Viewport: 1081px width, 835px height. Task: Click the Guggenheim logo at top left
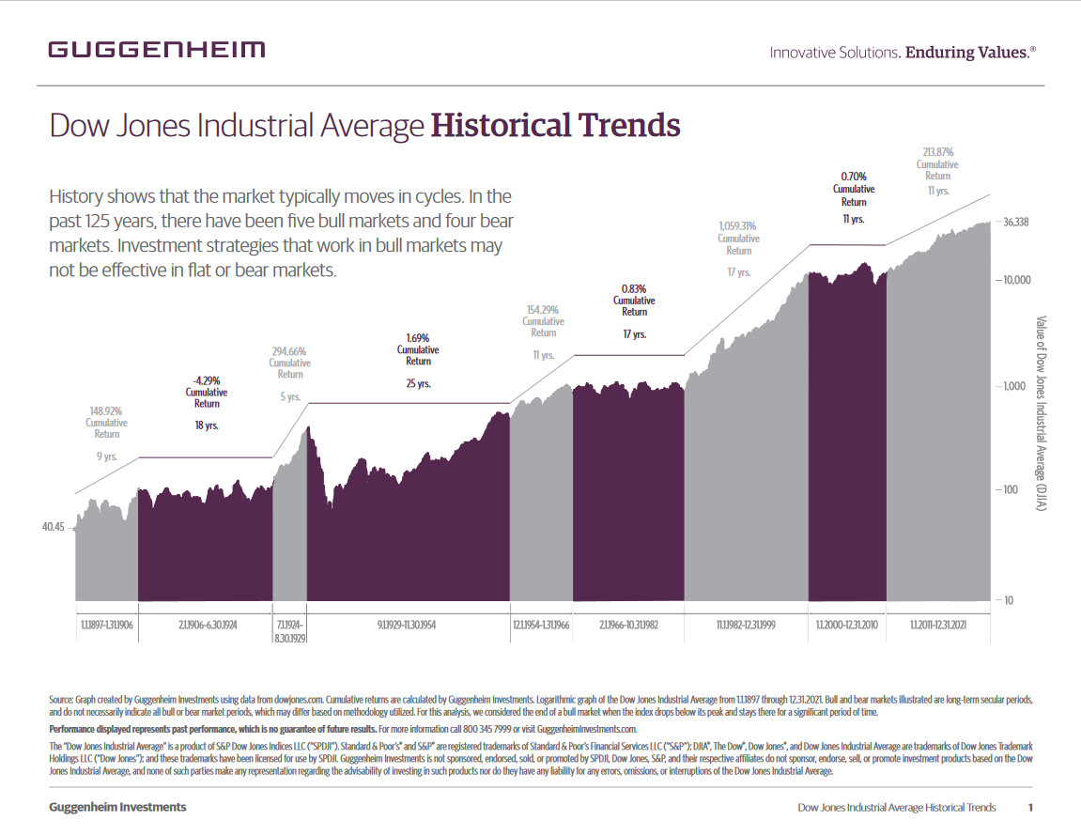point(157,50)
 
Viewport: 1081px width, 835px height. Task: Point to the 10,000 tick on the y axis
point(1013,280)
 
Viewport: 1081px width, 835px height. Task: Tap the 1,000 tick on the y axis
point(1012,386)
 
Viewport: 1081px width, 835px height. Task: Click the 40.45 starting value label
point(53,528)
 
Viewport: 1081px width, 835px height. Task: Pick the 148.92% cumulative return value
point(106,410)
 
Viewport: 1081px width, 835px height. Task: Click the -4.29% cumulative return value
point(207,380)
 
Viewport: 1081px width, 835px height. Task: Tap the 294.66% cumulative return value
point(289,351)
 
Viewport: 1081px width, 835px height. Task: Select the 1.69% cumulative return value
point(418,337)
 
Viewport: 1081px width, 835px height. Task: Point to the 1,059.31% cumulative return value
point(738,226)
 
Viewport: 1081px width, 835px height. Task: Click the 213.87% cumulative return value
point(937,152)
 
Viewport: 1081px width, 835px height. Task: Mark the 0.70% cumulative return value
point(854,177)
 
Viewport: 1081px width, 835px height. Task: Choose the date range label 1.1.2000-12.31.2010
point(847,624)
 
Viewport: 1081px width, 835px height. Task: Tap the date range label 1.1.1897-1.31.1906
point(106,624)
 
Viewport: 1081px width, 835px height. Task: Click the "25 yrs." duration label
point(418,383)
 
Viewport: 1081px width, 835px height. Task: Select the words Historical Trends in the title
point(554,125)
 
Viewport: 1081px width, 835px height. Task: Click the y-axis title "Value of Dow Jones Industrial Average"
point(1042,413)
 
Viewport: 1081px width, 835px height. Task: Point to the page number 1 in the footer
point(1030,807)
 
